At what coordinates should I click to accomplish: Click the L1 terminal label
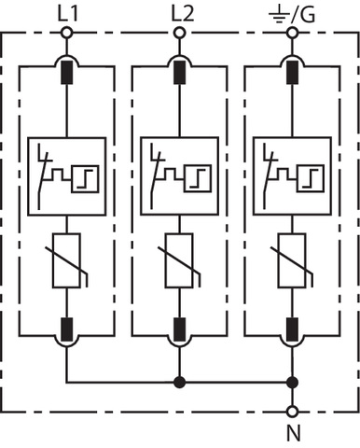pos(68,14)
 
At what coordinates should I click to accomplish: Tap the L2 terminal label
pos(183,14)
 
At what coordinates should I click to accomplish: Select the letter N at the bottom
pos(294,433)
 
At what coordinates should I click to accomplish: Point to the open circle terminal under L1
pos(66,33)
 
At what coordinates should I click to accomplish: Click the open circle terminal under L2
pos(179,33)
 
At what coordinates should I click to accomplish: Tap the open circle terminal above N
pos(292,412)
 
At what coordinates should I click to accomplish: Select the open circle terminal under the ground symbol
pos(292,33)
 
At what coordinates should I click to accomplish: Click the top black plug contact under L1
pos(66,73)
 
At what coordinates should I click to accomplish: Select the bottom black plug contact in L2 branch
pos(179,329)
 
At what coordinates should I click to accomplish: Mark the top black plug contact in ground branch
pos(292,73)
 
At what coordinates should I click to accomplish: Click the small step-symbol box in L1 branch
pos(86,179)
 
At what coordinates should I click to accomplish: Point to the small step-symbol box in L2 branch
pos(198,179)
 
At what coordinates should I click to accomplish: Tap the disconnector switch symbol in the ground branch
pos(270,175)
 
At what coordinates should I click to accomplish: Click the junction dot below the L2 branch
pos(179,382)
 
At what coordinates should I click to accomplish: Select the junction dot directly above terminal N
pos(292,382)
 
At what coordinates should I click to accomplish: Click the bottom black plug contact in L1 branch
pos(66,329)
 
